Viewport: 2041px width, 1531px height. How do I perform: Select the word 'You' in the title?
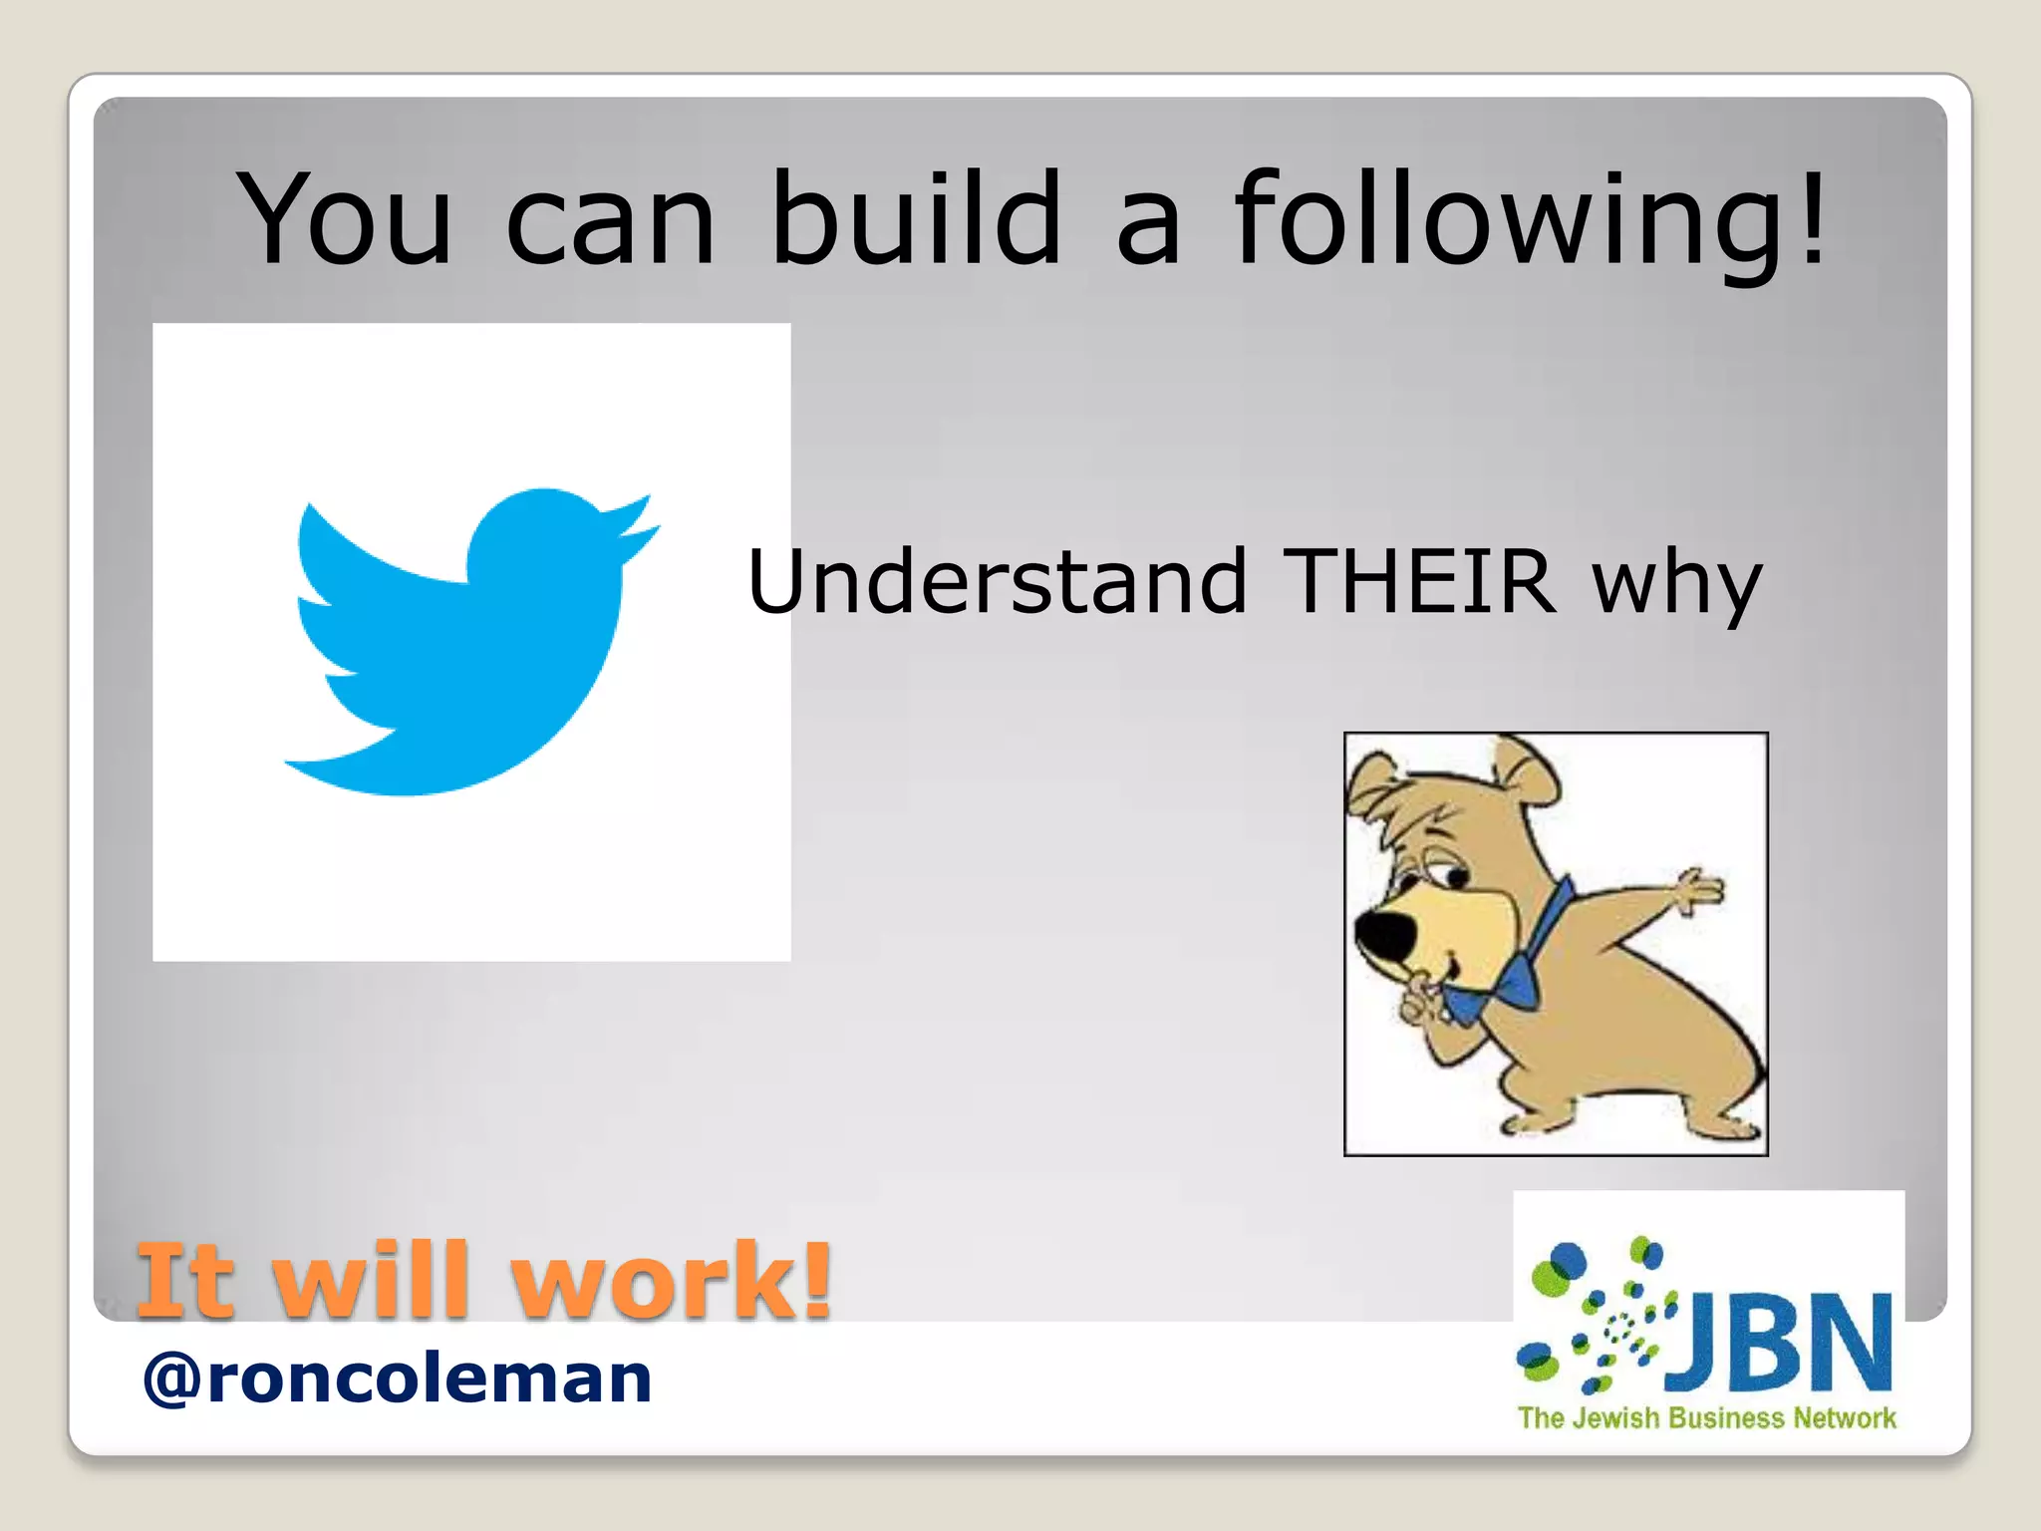pyautogui.click(x=345, y=219)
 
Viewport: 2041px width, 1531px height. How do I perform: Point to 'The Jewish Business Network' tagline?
pyautogui.click(x=1706, y=1417)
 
